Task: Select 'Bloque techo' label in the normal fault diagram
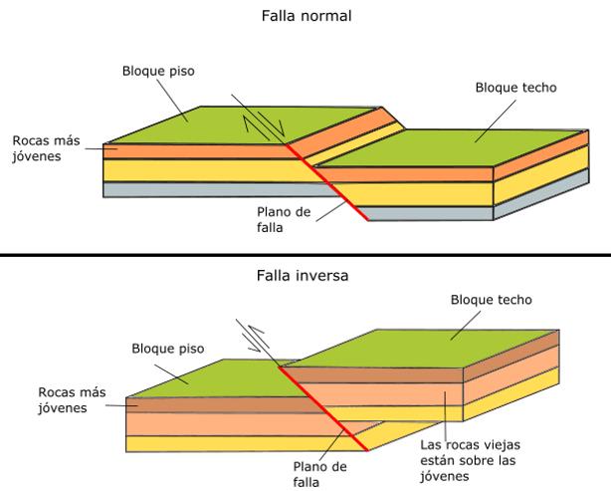click(x=514, y=88)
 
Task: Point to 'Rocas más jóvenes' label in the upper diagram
click(x=45, y=148)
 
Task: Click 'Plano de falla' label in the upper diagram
click(x=283, y=220)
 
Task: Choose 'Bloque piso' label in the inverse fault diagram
click(x=167, y=350)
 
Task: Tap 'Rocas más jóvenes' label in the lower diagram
click(x=71, y=399)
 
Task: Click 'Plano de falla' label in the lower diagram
click(x=320, y=473)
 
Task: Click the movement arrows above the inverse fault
click(x=258, y=340)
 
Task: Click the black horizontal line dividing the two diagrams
click(x=305, y=255)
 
